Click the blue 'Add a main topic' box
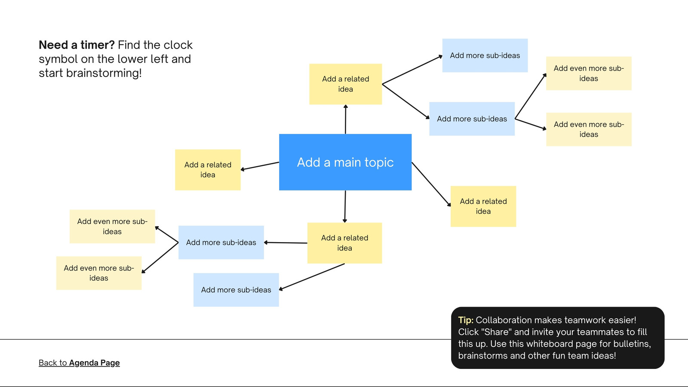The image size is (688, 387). [345, 162]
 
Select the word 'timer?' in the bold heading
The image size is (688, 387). [97, 45]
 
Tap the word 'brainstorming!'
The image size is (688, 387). [104, 73]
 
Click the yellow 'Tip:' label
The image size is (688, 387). [466, 320]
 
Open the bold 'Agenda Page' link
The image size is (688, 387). [94, 363]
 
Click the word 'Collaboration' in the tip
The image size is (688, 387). [504, 320]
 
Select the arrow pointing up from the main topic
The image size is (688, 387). [346, 119]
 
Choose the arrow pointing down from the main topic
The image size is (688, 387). [345, 206]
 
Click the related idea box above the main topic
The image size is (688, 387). [346, 84]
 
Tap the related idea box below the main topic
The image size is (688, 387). [344, 243]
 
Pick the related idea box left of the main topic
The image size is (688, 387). [208, 170]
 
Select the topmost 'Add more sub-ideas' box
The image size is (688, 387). [485, 55]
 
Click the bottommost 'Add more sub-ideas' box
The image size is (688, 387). [236, 290]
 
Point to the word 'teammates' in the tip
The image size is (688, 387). [600, 332]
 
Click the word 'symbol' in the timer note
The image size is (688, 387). [58, 59]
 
